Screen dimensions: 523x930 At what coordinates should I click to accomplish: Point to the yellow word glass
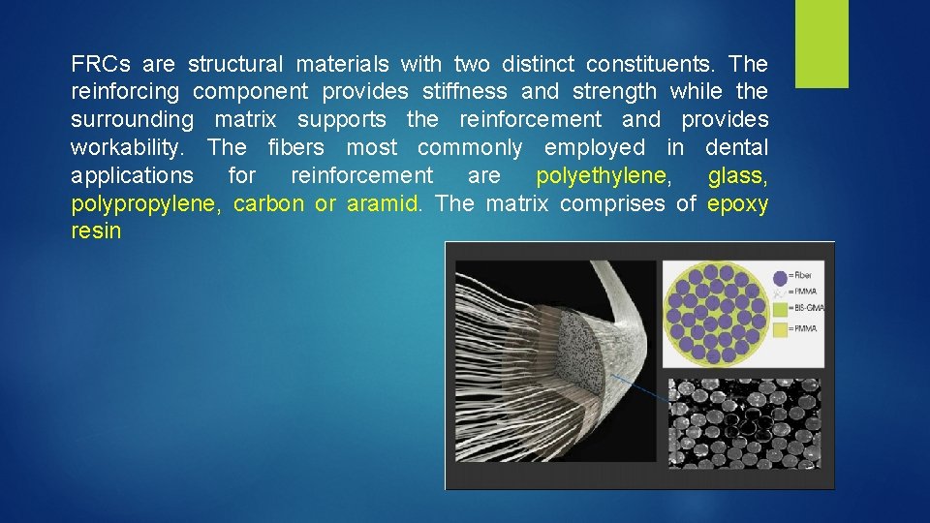738,176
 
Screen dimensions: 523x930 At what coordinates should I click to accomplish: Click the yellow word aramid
385,204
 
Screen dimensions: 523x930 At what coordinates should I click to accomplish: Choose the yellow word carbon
268,204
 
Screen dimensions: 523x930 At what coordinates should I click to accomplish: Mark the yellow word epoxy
738,204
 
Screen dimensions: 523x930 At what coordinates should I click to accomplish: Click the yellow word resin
96,231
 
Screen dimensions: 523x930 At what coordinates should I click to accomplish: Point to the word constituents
648,65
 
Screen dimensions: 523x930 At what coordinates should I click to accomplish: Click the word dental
736,148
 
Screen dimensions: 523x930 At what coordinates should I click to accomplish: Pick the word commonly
470,148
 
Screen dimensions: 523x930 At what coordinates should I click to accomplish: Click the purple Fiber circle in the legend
780,277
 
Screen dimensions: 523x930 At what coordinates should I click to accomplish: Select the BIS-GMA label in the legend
807,308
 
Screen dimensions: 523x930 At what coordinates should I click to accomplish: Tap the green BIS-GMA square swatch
781,308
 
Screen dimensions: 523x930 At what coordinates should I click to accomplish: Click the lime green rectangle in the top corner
821,44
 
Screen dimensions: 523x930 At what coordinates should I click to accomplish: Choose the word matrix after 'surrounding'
245,120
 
